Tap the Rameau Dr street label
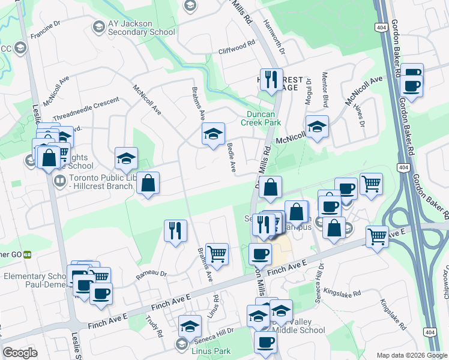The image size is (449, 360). tap(151, 274)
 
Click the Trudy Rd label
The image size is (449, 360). tap(158, 326)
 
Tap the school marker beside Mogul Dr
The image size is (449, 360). tap(317, 126)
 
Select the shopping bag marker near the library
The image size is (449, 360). tap(148, 182)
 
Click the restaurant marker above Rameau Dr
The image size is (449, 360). tap(175, 230)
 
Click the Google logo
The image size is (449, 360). tap(20, 353)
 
